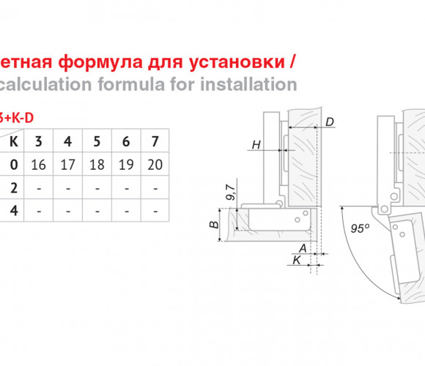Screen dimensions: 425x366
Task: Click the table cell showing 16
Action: point(39,165)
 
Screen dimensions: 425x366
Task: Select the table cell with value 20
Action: point(155,165)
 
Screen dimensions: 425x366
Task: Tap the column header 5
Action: point(97,141)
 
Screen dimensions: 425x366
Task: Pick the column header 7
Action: point(155,141)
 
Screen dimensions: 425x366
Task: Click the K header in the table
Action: point(14,141)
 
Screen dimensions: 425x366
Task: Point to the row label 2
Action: point(14,188)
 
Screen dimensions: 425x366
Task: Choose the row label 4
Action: point(14,211)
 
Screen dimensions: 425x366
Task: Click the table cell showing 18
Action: point(97,165)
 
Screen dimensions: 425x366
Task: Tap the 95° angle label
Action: point(360,228)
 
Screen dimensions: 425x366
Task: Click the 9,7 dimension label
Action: point(231,193)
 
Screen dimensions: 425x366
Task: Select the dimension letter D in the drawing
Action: point(330,122)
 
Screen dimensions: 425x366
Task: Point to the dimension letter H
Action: point(256,145)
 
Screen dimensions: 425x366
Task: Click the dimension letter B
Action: point(214,225)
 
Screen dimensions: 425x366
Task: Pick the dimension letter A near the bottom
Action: point(303,248)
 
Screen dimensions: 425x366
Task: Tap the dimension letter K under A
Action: point(297,260)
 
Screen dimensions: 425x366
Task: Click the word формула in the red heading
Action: point(100,62)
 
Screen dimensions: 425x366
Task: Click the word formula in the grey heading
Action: point(131,84)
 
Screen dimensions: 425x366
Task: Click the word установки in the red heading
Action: point(237,62)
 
